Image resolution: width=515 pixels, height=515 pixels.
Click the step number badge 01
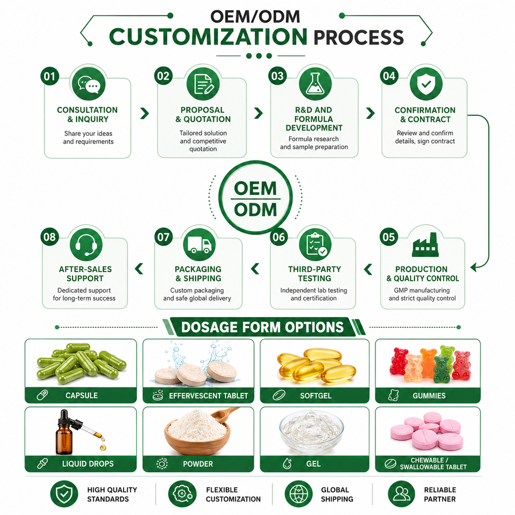[49, 76]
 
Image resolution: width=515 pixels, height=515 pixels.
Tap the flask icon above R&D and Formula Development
[315, 84]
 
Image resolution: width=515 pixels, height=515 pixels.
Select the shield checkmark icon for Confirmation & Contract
[426, 84]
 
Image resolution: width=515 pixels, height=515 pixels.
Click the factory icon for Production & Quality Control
[425, 245]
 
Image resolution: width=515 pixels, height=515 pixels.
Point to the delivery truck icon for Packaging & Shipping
[200, 245]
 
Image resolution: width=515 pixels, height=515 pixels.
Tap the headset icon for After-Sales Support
[86, 245]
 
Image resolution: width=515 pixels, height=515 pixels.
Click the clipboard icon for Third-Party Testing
[315, 245]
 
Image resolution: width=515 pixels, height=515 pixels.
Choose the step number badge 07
[164, 237]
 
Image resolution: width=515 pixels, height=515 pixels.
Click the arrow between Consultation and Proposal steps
[144, 113]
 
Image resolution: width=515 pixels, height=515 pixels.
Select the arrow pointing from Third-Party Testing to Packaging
[255, 269]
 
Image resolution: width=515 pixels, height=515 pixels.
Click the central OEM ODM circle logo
[255, 198]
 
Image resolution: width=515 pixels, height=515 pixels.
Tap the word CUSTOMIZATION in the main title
[208, 36]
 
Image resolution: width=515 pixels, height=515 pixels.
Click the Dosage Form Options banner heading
[262, 327]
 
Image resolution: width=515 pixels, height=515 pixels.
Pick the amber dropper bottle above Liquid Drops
[65, 432]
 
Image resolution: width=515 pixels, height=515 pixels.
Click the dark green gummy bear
[442, 370]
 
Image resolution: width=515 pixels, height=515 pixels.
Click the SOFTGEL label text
[315, 396]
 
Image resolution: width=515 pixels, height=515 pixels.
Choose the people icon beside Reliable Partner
[401, 494]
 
